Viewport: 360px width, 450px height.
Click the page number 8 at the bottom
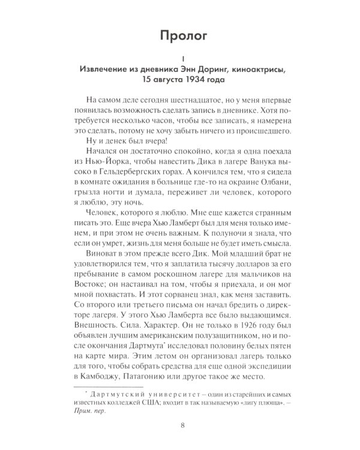pos(182,428)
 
